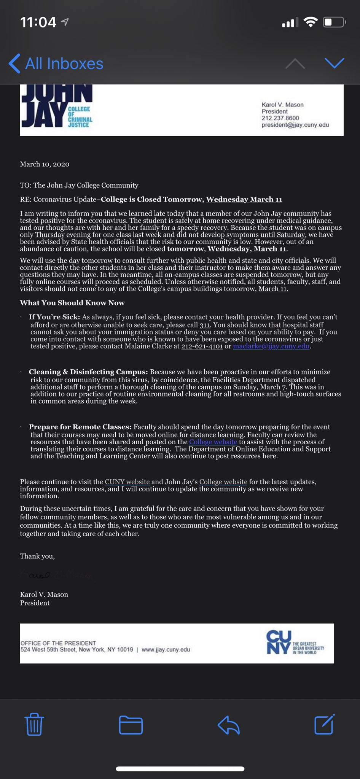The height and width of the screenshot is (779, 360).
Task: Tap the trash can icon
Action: pos(34,724)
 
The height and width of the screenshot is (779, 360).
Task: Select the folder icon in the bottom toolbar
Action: pos(131,725)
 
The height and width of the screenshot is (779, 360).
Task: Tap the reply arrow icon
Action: pos(228,725)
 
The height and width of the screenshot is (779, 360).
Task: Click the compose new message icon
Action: pos(324,724)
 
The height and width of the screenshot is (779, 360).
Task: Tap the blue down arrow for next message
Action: pos(335,63)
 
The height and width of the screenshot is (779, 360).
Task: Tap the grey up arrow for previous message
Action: pos(295,64)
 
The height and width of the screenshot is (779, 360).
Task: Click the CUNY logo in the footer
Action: pos(295,643)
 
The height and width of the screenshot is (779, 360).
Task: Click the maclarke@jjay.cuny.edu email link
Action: pos(271,346)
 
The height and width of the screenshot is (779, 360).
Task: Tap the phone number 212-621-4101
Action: pos(202,346)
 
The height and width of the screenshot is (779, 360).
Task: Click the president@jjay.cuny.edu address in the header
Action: pos(295,125)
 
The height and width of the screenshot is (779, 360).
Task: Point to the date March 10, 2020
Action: pos(45,164)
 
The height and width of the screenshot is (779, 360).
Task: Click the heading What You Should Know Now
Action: pos(72,303)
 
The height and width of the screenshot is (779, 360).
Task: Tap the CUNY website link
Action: pos(127,482)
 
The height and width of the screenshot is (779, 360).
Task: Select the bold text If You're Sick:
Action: pos(54,317)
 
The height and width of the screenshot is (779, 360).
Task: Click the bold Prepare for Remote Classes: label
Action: pos(80,427)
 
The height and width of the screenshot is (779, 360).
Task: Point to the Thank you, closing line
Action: pos(37,556)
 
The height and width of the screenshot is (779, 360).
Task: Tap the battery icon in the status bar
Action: pos(334,22)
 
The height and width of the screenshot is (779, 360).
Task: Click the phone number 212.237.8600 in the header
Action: pos(280,118)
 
